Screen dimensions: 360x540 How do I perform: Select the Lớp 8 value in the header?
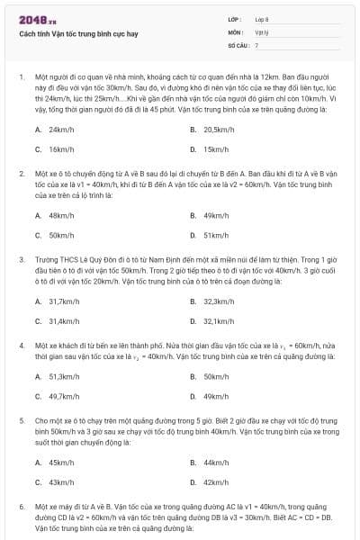pyautogui.click(x=262, y=18)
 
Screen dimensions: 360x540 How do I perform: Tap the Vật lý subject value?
pyautogui.click(x=261, y=31)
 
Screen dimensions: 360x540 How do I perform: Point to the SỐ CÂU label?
pyautogui.click(x=237, y=44)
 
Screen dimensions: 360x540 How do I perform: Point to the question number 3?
pyautogui.click(x=21, y=257)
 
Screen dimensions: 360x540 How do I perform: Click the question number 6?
pyautogui.click(x=21, y=507)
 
